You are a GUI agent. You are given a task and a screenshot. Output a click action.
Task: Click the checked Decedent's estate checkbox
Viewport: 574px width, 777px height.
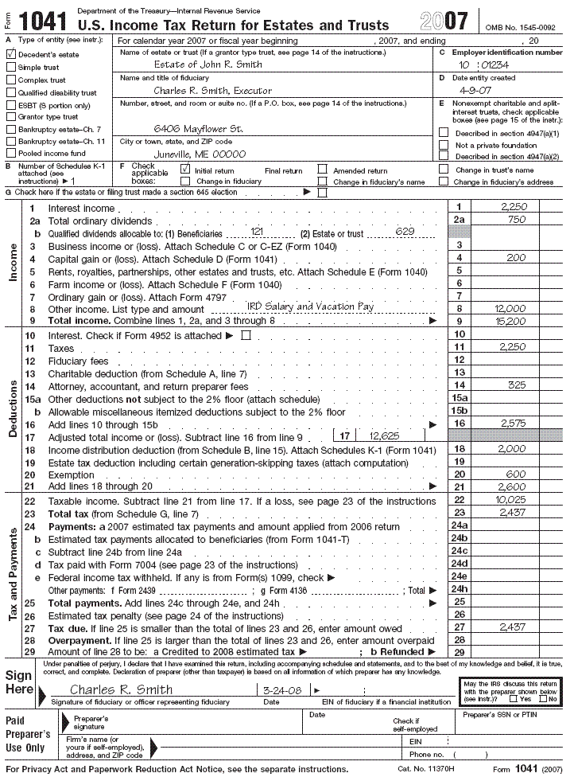(11, 54)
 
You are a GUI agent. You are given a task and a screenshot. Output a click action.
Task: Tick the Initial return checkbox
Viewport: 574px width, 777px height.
(184, 170)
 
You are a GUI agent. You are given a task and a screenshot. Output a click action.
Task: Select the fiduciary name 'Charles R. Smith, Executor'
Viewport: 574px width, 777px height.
(212, 91)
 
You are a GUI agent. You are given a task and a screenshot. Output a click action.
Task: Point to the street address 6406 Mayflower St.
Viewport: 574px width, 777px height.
(198, 128)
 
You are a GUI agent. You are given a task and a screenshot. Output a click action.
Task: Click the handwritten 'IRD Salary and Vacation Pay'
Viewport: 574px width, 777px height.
(310, 307)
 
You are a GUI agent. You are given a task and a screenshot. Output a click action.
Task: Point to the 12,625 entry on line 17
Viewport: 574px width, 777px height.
(385, 437)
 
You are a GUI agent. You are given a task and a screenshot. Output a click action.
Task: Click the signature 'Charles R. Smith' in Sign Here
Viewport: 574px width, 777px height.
(121, 689)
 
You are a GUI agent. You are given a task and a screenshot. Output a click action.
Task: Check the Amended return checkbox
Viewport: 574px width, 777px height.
(323, 170)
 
